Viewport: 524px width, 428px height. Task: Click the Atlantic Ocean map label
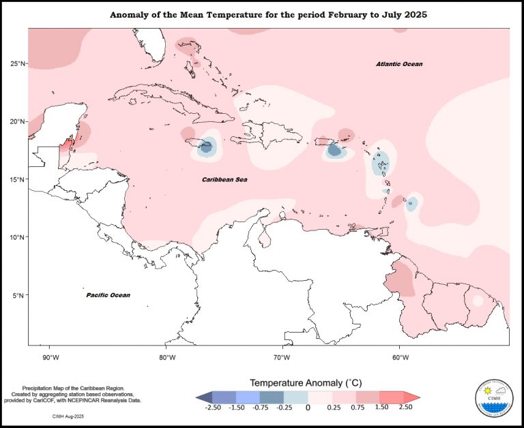pyautogui.click(x=399, y=64)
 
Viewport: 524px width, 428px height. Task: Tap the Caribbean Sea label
pyautogui.click(x=224, y=179)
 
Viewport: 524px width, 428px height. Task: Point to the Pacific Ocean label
pyautogui.click(x=108, y=295)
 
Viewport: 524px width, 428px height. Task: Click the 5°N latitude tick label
pyautogui.click(x=19, y=295)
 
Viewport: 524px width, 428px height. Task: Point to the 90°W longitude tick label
pyautogui.click(x=50, y=356)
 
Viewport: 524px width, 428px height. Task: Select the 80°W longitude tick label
pyautogui.click(x=166, y=356)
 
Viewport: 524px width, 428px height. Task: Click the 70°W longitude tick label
pyautogui.click(x=282, y=356)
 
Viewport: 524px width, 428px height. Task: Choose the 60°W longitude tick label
pyautogui.click(x=398, y=356)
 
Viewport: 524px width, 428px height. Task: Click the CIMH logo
pyautogui.click(x=494, y=398)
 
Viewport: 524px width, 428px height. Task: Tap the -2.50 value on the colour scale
pyautogui.click(x=212, y=407)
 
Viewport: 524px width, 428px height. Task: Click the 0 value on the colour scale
pyautogui.click(x=307, y=407)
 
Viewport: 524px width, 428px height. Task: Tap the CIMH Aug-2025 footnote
pyautogui.click(x=69, y=414)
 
